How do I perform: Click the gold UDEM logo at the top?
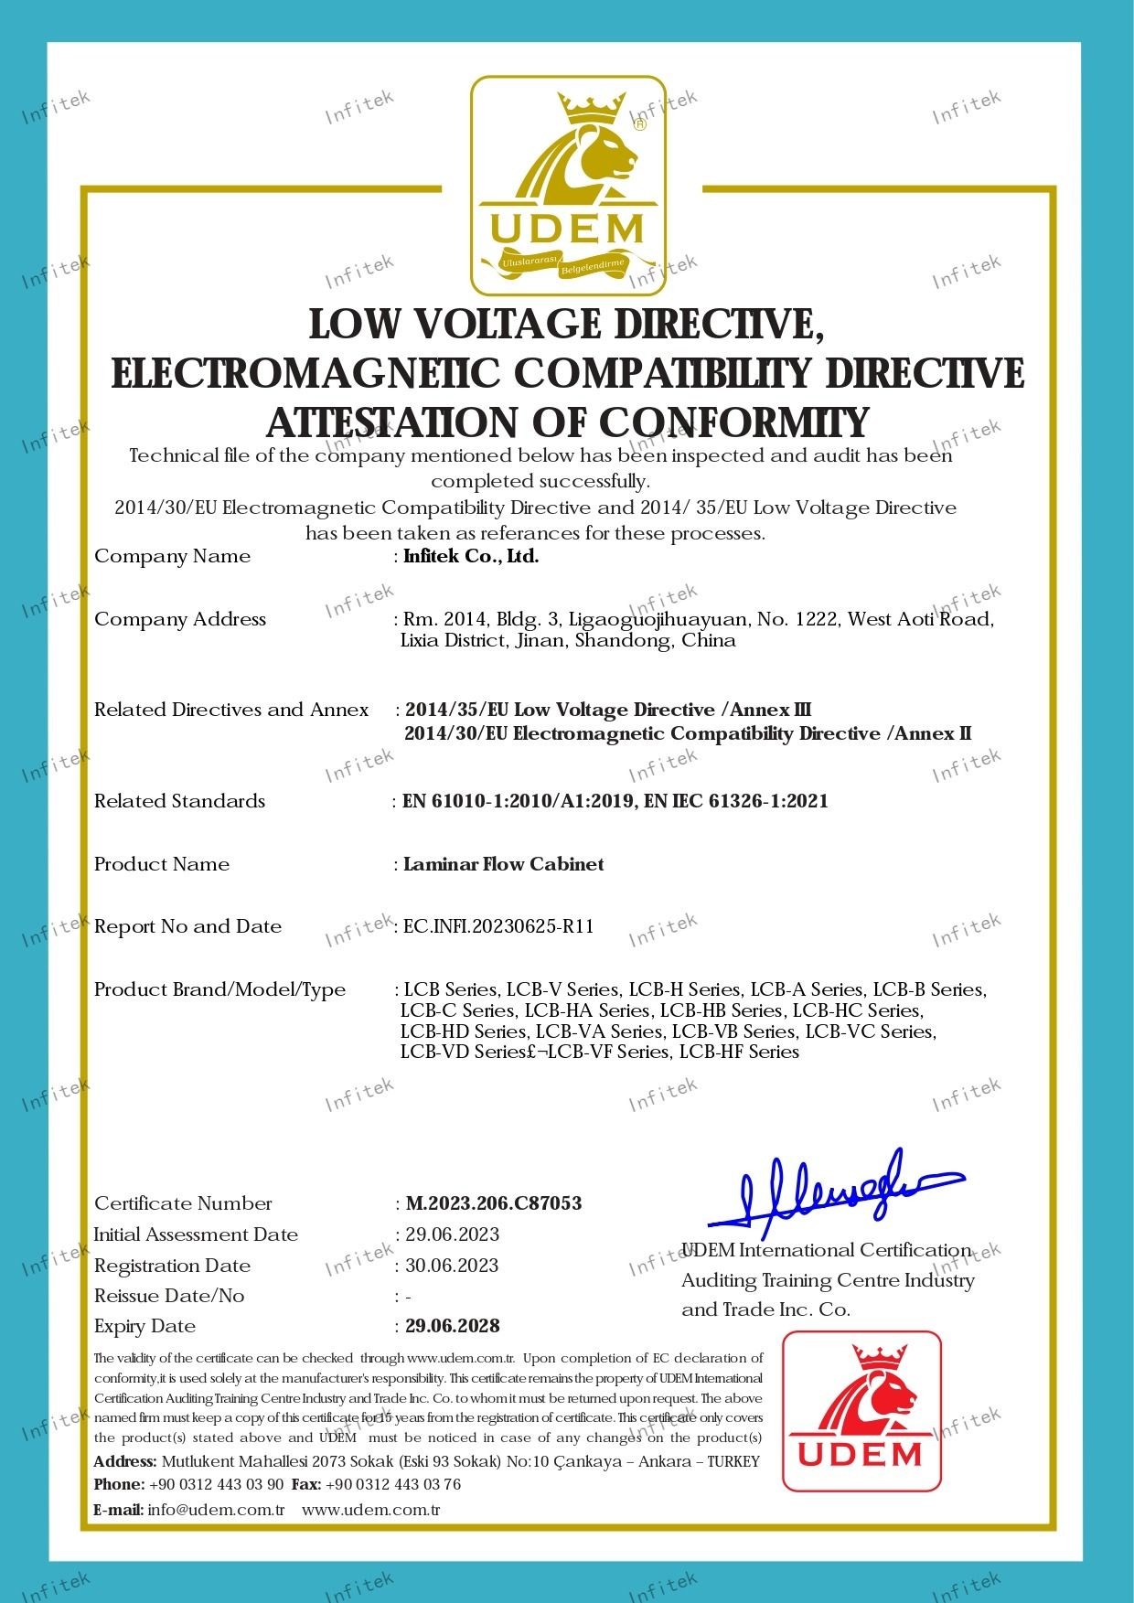point(568,186)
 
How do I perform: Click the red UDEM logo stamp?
point(861,1411)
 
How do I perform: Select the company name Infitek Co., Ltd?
point(471,556)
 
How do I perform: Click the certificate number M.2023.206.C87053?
point(494,1203)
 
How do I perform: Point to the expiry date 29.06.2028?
point(453,1326)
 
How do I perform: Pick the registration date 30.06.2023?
point(453,1266)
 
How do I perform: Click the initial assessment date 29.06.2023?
point(453,1234)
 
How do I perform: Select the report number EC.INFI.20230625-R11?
point(499,926)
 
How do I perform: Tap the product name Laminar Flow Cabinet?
point(504,864)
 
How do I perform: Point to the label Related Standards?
point(179,801)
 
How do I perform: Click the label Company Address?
point(180,619)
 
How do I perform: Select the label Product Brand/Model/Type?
point(219,989)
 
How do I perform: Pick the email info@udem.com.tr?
point(216,1509)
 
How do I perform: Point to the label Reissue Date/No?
point(169,1296)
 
